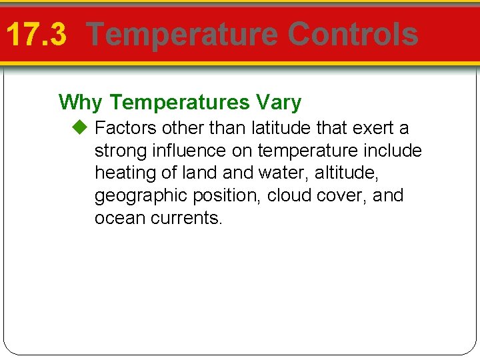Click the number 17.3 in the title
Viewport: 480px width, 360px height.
click(36, 35)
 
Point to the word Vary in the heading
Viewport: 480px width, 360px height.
click(278, 103)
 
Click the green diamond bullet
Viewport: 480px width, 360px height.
click(81, 127)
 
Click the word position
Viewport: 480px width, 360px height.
click(230, 196)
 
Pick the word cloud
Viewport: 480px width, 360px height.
click(292, 195)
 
